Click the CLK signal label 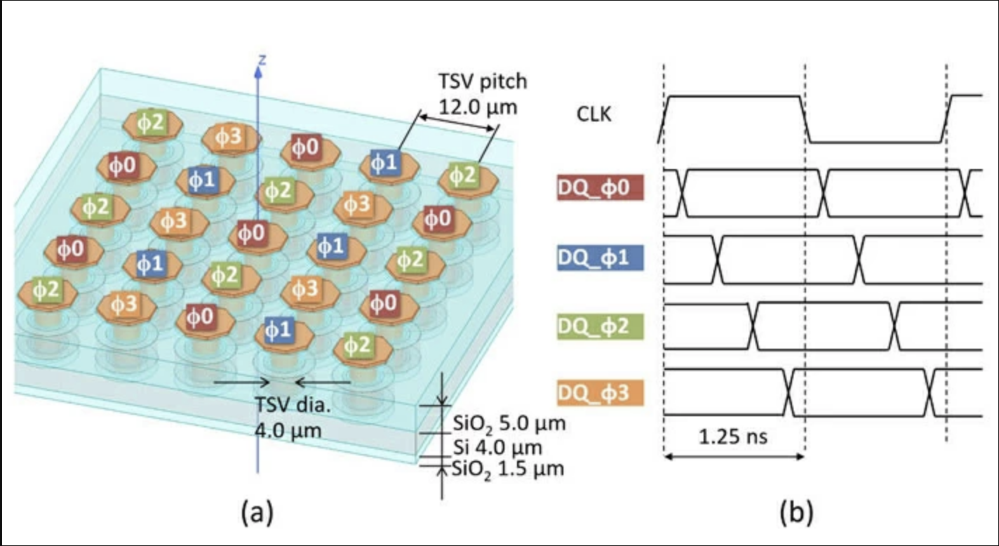pyautogui.click(x=594, y=114)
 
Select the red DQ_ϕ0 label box pyautogui.click(x=600, y=190)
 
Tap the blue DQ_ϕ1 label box pyautogui.click(x=600, y=259)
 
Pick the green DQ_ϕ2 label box pyautogui.click(x=600, y=327)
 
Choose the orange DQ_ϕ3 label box pyautogui.click(x=600, y=393)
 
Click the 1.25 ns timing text pyautogui.click(x=732, y=437)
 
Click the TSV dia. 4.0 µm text pyautogui.click(x=288, y=418)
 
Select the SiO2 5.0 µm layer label pyautogui.click(x=507, y=425)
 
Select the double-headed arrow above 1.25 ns pyautogui.click(x=734, y=457)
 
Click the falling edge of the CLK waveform pyautogui.click(x=805, y=119)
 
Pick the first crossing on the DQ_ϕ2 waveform pyautogui.click(x=753, y=326)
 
